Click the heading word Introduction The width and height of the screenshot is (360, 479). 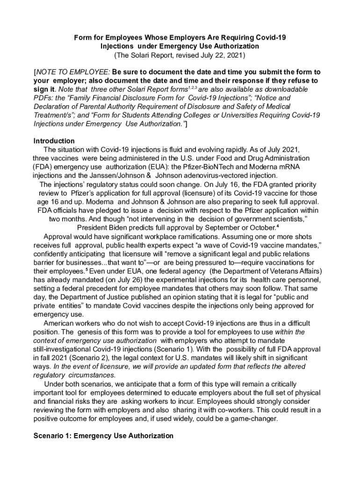(54, 141)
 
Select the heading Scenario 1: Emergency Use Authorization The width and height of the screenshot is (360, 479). (103, 435)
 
